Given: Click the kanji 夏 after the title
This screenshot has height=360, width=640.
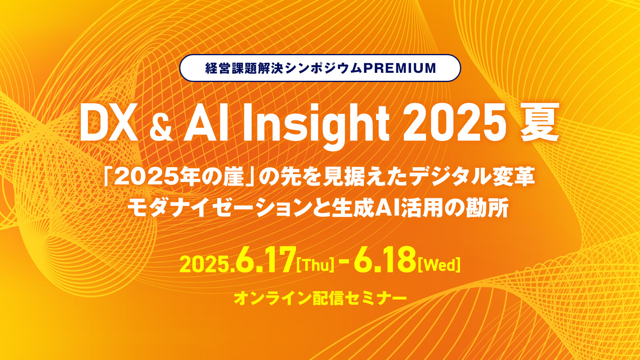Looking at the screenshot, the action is point(540,123).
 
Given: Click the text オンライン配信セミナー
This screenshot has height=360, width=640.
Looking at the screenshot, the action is point(320,298).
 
